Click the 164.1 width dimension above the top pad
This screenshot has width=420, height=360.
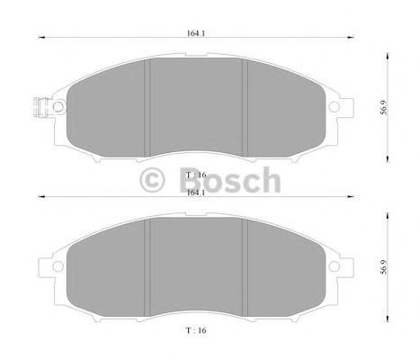click(192, 33)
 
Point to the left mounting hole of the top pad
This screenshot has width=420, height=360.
click(58, 106)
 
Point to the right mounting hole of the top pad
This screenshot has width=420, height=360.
click(334, 107)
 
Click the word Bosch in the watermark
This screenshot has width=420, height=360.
click(232, 182)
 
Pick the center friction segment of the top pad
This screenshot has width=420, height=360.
click(196, 102)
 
